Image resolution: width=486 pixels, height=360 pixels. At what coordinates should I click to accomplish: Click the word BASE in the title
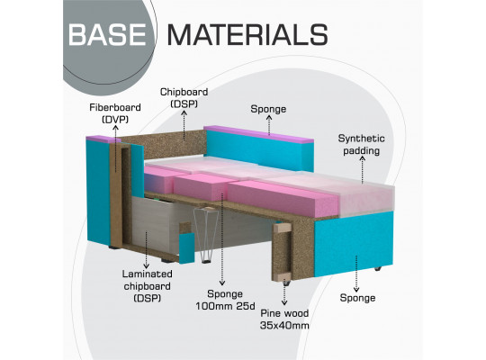(107, 34)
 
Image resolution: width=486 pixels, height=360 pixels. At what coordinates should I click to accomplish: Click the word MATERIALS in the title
(247, 34)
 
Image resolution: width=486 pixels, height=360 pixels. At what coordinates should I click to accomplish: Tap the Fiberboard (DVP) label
(115, 113)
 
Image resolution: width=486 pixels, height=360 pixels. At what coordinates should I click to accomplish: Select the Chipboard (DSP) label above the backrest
(184, 98)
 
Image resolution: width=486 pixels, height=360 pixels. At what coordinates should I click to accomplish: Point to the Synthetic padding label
(362, 144)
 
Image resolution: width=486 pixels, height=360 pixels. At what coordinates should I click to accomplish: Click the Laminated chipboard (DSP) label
(147, 286)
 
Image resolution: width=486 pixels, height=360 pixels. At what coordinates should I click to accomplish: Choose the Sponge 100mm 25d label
(225, 300)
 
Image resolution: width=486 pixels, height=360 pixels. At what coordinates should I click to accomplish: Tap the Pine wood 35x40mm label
(284, 319)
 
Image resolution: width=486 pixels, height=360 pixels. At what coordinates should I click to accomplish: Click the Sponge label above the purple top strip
(268, 109)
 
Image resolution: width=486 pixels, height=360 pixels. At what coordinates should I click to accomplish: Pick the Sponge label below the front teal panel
(357, 298)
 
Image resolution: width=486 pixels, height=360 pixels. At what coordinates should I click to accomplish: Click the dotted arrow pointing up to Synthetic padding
(363, 169)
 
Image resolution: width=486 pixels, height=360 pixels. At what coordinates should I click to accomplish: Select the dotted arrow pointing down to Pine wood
(284, 293)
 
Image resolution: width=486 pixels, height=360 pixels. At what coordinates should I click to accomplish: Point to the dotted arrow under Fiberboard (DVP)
(115, 148)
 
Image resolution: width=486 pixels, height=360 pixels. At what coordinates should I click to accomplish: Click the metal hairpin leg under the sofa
(206, 235)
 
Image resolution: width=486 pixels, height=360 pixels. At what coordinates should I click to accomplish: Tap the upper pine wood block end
(283, 228)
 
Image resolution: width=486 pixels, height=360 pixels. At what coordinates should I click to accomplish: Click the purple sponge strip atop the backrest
(258, 133)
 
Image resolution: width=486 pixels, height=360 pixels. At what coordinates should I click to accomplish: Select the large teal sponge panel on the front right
(354, 243)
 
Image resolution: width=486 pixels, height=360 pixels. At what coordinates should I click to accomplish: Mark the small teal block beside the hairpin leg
(187, 248)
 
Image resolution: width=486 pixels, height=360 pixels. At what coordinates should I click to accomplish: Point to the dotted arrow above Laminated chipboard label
(147, 249)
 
